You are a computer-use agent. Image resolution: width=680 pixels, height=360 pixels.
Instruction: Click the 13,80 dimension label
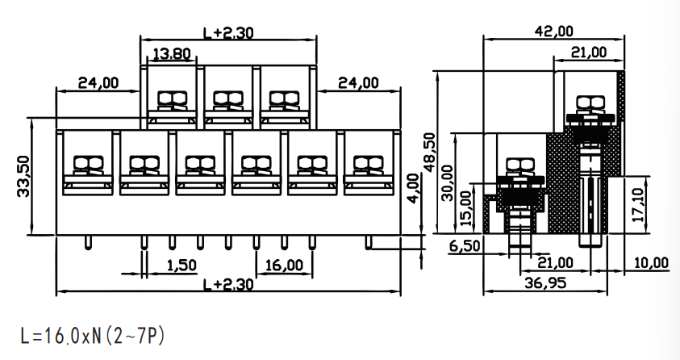172,54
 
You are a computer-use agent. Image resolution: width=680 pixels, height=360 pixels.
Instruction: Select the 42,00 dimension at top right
554,31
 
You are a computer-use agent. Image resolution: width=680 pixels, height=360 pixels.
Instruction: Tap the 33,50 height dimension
24,177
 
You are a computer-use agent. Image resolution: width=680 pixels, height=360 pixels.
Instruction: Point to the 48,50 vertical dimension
430,153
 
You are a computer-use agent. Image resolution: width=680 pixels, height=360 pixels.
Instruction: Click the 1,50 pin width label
181,265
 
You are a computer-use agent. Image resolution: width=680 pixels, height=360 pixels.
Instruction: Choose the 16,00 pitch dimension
284,265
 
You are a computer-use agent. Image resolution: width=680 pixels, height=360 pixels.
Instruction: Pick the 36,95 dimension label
545,283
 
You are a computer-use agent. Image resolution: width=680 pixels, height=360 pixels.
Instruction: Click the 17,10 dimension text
638,205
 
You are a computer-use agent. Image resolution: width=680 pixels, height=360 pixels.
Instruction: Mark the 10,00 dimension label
651,263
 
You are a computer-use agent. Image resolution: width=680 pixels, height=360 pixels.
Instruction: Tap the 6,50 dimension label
465,246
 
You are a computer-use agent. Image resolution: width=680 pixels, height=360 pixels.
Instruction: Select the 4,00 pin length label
413,188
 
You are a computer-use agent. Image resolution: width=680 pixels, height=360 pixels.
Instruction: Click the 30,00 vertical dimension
447,182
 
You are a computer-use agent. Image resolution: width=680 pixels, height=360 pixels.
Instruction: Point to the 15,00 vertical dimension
465,208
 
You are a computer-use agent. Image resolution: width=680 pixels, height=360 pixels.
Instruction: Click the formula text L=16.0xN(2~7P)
93,336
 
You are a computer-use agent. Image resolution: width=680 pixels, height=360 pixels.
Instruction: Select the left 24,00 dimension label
98,82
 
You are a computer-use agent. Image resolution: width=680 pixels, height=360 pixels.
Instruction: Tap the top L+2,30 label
228,33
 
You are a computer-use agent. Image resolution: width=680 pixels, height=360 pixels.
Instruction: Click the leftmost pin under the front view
88,243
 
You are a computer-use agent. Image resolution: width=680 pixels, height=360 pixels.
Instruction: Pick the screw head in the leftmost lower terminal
89,163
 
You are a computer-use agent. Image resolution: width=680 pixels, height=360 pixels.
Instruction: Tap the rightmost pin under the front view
368,243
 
